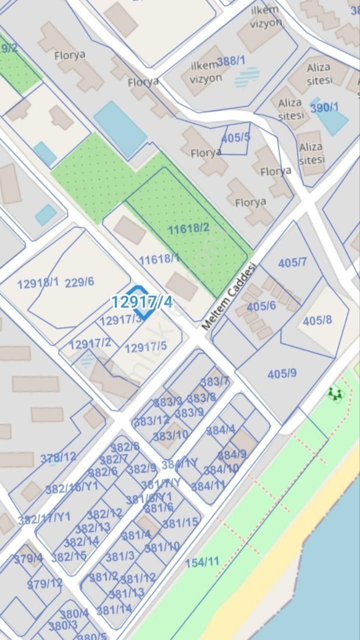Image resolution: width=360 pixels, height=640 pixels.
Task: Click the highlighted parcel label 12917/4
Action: (x=141, y=301)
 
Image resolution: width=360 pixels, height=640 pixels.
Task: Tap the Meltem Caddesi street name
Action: (x=229, y=296)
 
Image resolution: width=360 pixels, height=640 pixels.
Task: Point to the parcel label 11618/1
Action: (x=159, y=258)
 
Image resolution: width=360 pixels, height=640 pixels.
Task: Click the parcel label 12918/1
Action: (x=38, y=283)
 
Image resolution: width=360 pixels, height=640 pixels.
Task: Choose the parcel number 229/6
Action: (x=79, y=281)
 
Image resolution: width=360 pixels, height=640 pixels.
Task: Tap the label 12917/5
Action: (x=145, y=347)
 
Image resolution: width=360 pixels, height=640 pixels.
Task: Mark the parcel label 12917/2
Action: (x=90, y=343)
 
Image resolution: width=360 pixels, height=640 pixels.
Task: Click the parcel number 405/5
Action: (x=235, y=137)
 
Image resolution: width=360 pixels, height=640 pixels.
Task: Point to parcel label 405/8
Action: (x=317, y=320)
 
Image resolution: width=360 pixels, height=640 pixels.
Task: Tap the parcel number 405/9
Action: (x=282, y=373)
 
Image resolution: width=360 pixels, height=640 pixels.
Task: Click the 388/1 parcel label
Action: (x=231, y=61)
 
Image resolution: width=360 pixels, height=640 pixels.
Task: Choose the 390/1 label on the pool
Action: (x=324, y=107)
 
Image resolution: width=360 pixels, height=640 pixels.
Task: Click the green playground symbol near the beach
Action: (x=335, y=394)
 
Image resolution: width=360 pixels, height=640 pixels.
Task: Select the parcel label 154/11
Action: (x=202, y=562)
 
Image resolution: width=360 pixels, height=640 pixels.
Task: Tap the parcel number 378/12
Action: (x=58, y=456)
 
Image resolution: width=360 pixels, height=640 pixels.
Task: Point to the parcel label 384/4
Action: (x=220, y=429)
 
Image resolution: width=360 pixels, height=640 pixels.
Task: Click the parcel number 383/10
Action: (x=170, y=435)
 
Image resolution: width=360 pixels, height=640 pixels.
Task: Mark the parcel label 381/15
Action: (x=180, y=523)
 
